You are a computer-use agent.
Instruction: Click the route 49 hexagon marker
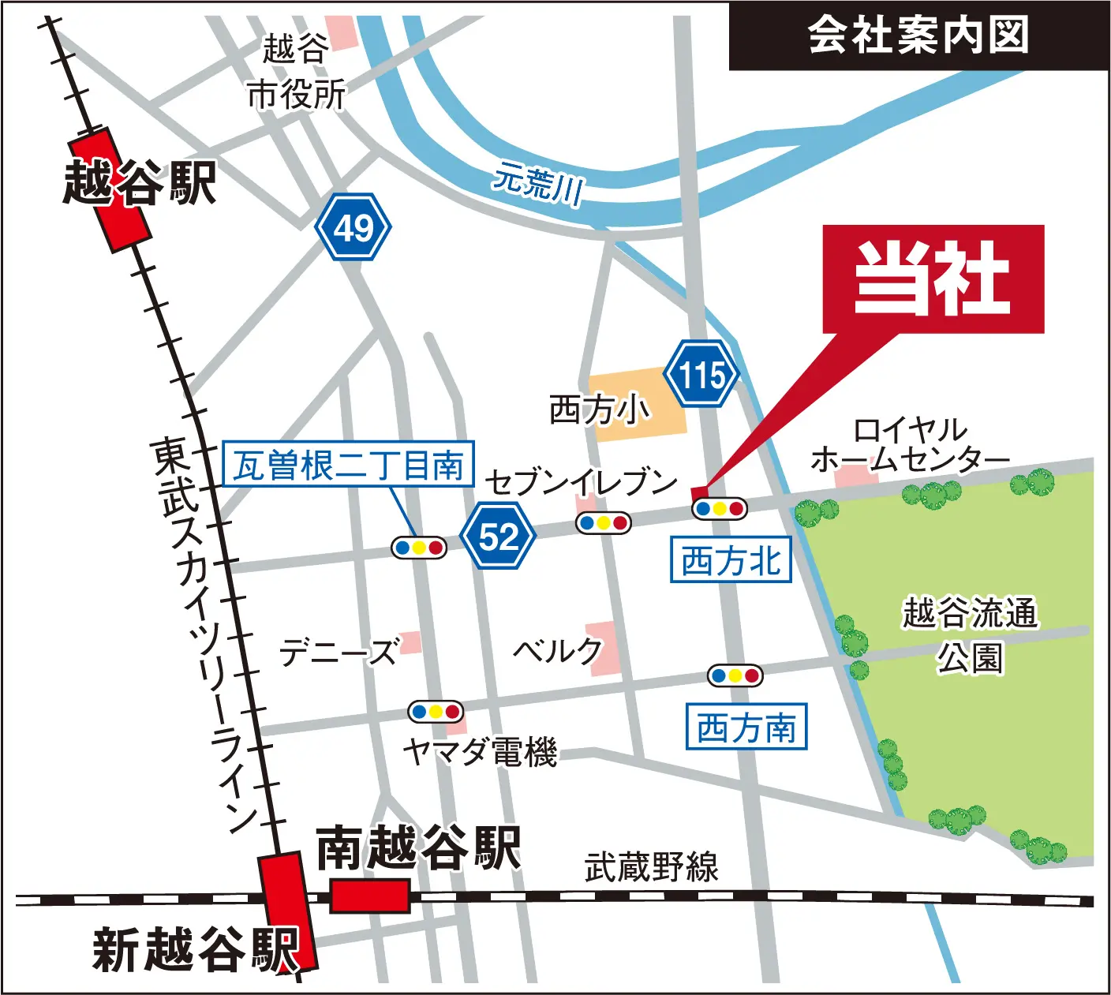(x=353, y=227)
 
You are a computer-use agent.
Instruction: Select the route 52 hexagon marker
(x=498, y=537)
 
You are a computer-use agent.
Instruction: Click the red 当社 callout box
(x=933, y=278)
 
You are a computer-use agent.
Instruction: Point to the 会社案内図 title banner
(x=918, y=36)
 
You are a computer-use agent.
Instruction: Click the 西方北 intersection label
(x=731, y=560)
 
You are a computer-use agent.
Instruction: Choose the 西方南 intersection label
(x=746, y=727)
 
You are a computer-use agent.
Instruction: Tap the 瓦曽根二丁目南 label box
(x=348, y=464)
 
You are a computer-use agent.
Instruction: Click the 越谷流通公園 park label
(x=970, y=634)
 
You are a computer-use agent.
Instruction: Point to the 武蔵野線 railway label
(x=651, y=867)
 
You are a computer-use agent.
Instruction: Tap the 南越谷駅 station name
(x=418, y=848)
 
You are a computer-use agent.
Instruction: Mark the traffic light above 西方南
(x=735, y=675)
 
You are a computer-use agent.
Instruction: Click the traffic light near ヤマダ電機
(x=436, y=712)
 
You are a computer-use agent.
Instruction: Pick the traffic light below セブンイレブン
(x=604, y=522)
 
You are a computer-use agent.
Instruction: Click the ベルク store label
(x=557, y=651)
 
